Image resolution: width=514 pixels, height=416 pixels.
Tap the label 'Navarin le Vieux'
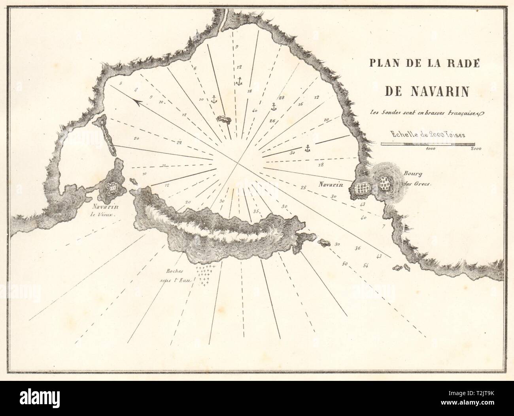pos(105,210)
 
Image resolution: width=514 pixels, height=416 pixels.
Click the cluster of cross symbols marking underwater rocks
pos(204,275)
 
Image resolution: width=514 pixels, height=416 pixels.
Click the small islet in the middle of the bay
pos(224,119)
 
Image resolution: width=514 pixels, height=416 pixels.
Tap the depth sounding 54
pos(365,264)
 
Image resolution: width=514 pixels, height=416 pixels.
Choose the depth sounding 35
pos(256,212)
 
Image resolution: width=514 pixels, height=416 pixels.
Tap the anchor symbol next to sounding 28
pos(273,106)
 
